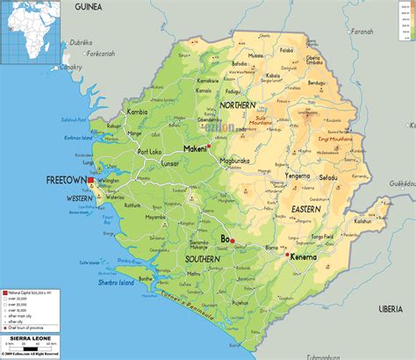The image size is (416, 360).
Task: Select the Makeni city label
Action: (195, 148)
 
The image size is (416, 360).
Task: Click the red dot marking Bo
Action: (233, 240)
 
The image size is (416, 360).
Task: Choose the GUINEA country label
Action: (89, 6)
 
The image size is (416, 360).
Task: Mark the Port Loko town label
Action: (149, 155)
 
